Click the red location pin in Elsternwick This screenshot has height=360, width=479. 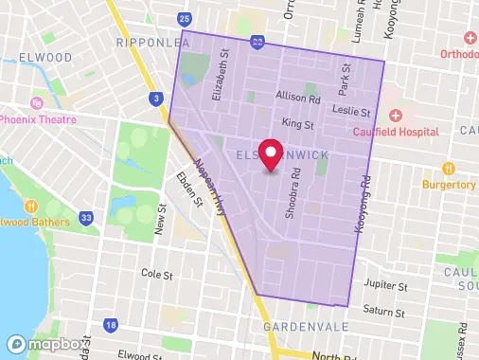click(x=272, y=153)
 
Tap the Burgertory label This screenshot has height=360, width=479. click(x=450, y=184)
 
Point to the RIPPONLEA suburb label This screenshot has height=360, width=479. click(x=148, y=44)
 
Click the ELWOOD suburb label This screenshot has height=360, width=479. click(x=39, y=58)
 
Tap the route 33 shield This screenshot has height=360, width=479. click(x=87, y=219)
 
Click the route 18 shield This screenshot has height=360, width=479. click(x=112, y=326)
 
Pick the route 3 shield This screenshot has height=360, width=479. click(x=154, y=98)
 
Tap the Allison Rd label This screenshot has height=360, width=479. click(x=298, y=98)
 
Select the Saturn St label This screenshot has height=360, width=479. click(x=385, y=312)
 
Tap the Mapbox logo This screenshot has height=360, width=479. click(x=37, y=345)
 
